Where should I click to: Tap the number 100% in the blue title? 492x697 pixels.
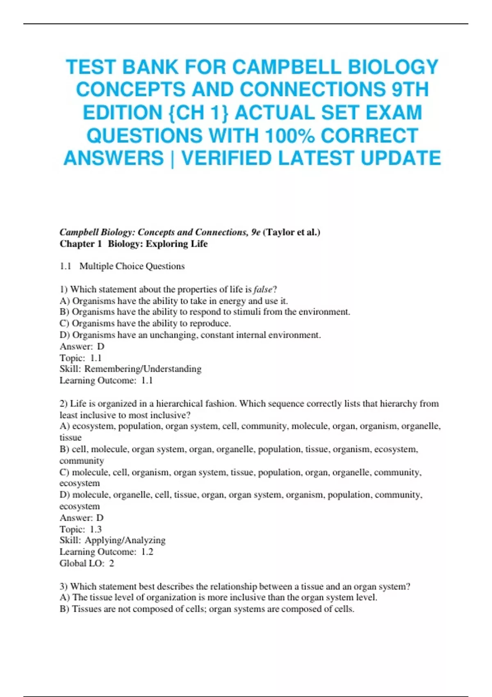pos(289,136)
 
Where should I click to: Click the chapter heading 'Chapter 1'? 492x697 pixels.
pos(80,244)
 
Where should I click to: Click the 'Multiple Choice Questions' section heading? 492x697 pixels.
pos(132,266)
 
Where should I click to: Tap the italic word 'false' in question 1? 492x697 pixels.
pos(263,289)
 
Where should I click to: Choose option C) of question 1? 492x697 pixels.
pos(145,323)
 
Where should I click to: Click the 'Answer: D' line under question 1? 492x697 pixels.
pos(82,346)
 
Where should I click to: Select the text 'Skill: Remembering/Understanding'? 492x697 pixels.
pos(130,369)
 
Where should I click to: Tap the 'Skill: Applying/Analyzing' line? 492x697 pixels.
pos(112,540)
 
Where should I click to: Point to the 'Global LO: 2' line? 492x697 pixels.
pos(87,563)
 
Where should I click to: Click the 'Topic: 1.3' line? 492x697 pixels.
pos(80,529)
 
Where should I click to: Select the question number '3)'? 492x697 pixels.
pos(64,586)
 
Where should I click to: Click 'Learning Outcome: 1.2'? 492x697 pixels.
pos(106,551)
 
